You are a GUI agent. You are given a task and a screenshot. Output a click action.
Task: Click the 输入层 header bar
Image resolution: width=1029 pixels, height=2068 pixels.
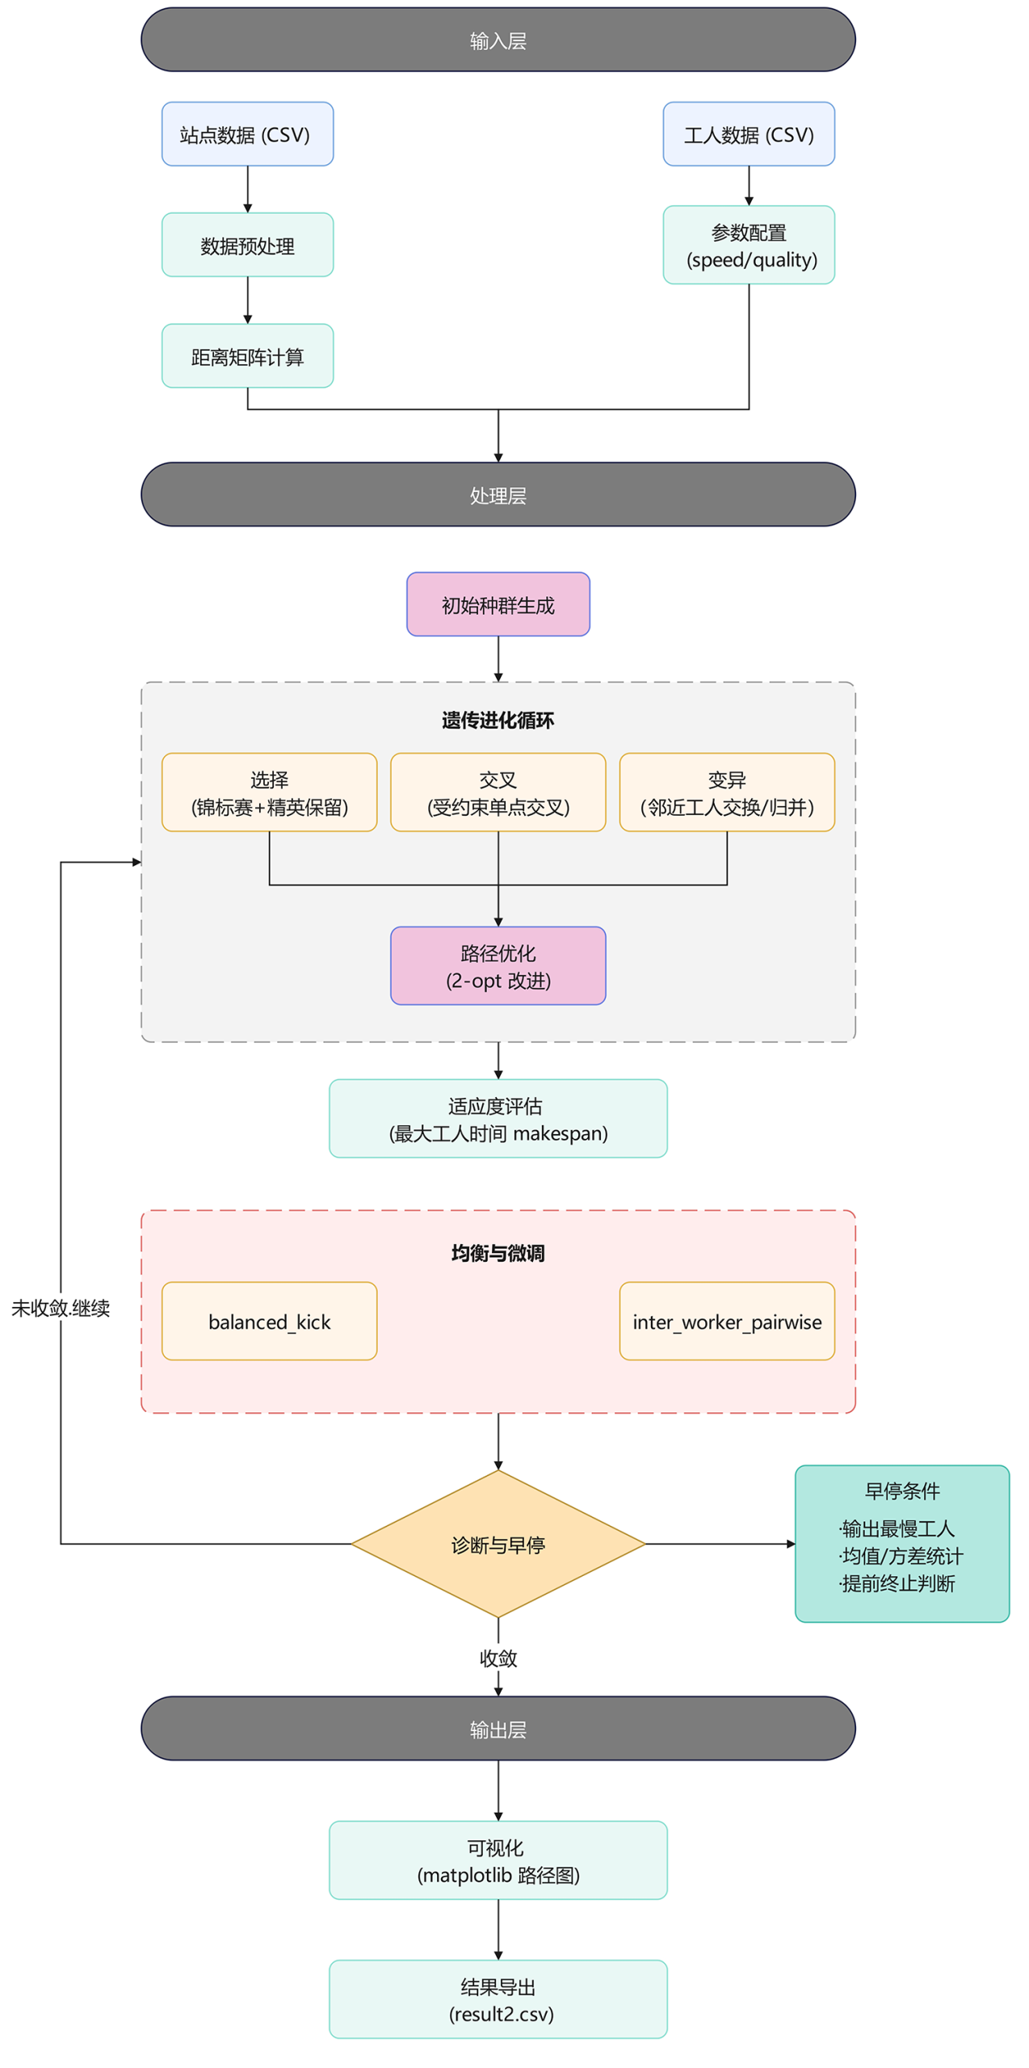498,40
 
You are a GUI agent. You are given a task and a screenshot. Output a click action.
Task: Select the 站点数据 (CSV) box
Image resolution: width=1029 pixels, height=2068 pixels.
247,134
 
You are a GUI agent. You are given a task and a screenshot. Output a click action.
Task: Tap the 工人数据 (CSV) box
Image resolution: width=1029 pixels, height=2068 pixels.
748,134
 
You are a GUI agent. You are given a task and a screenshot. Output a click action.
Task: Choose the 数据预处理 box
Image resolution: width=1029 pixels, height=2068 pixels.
247,245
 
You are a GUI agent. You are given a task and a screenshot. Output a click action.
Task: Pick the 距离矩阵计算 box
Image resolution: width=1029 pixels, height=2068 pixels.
247,356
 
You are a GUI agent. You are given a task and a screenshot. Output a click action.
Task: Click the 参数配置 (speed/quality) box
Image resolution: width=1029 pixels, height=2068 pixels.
748,245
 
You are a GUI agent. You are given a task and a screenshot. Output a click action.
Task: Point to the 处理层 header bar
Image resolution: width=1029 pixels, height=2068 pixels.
498,494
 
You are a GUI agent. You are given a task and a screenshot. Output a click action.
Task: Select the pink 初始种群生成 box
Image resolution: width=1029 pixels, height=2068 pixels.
498,604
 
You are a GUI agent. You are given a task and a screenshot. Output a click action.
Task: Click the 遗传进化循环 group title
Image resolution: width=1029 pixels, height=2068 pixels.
498,720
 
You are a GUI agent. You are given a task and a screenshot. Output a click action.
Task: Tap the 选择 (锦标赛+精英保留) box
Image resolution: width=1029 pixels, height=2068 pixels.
269,792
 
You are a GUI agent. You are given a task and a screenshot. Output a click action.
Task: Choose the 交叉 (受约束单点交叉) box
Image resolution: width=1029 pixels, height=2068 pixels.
498,792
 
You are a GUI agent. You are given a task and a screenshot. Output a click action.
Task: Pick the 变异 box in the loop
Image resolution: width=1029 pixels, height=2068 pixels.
726,792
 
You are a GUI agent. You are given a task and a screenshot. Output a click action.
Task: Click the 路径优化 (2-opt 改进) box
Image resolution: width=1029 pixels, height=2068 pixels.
498,965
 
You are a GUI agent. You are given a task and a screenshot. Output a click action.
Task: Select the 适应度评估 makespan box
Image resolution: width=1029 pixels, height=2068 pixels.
498,1118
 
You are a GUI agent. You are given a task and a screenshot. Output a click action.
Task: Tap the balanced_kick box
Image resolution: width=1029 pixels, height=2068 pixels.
269,1321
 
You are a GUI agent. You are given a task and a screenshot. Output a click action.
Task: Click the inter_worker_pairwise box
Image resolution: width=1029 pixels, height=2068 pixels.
726,1321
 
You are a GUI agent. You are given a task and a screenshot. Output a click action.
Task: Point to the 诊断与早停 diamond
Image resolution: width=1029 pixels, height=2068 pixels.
498,1544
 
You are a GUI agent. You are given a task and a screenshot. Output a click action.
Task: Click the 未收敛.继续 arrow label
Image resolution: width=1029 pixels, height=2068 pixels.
61,1308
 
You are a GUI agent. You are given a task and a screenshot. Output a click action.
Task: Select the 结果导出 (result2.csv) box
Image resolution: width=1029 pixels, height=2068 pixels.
498,1999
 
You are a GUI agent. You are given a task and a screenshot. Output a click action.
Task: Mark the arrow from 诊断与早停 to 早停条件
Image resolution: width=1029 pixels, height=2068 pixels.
719,1544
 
